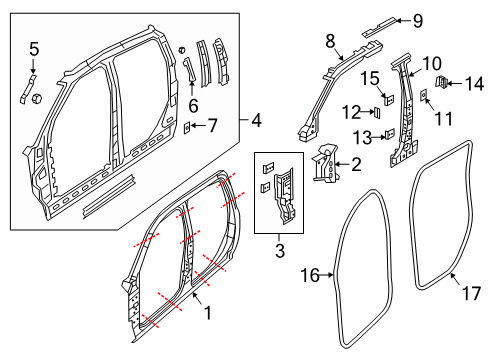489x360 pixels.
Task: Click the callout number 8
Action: click(330, 41)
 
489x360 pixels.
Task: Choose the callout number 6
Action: click(193, 103)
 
